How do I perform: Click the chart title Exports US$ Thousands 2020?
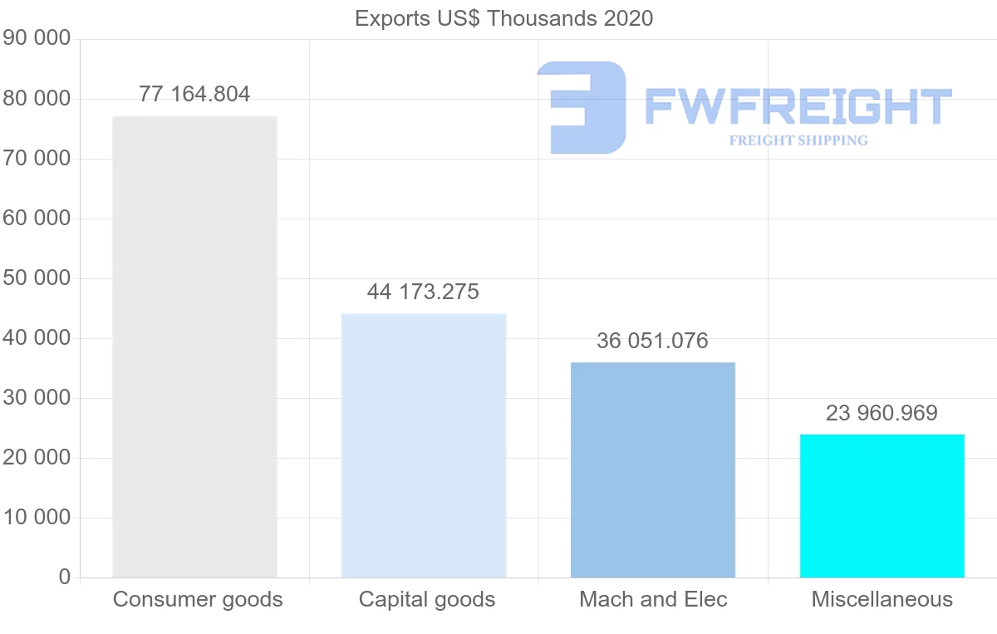click(x=503, y=18)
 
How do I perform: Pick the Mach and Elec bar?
click(x=653, y=469)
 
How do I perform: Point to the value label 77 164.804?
click(x=194, y=94)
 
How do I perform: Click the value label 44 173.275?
click(x=423, y=292)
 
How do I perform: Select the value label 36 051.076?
click(x=652, y=341)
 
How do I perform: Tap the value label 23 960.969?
click(x=882, y=413)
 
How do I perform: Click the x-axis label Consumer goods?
click(x=198, y=599)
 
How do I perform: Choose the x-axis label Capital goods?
click(x=427, y=599)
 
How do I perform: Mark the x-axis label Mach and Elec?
click(x=653, y=599)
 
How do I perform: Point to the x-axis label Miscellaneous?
click(x=882, y=599)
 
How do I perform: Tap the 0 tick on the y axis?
click(x=65, y=577)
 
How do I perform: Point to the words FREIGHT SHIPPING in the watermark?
click(x=798, y=140)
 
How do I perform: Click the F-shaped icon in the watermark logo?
click(x=582, y=107)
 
